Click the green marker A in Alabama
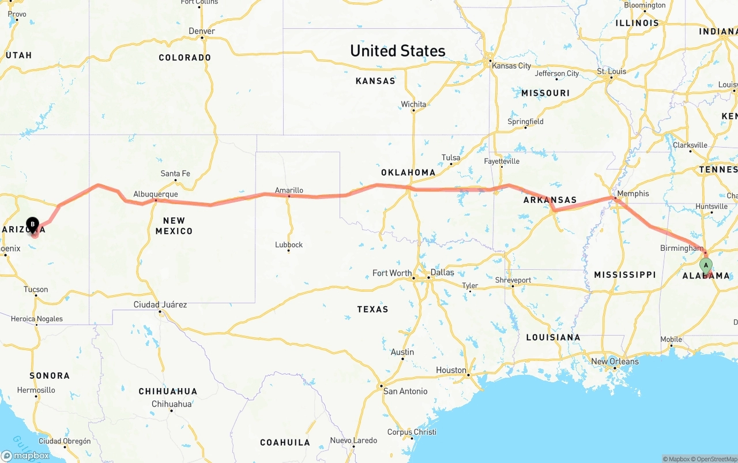click(x=706, y=265)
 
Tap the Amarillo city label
click(x=289, y=190)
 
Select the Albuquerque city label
click(x=156, y=194)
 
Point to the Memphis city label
click(x=632, y=194)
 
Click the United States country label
click(x=398, y=51)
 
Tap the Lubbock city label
click(x=289, y=244)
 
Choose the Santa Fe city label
click(x=175, y=174)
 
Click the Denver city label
click(x=202, y=31)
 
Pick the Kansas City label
click(x=511, y=66)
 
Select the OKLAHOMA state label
click(x=408, y=172)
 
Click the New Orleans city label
click(x=615, y=362)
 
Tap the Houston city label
click(x=451, y=370)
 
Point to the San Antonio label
click(x=405, y=392)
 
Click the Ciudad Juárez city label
click(x=160, y=304)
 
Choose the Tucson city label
click(x=36, y=289)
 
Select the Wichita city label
click(x=413, y=104)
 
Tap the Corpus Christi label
click(x=412, y=432)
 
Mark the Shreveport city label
click(x=513, y=280)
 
